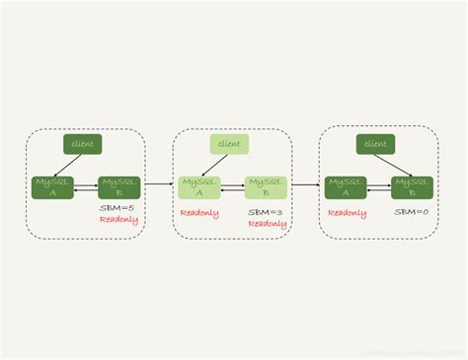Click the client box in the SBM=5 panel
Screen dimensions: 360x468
pyautogui.click(x=82, y=144)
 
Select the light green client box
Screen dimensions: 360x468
pyautogui.click(x=229, y=144)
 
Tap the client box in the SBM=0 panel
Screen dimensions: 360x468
pyautogui.click(x=375, y=144)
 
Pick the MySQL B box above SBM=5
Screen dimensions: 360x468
pyautogui.click(x=119, y=187)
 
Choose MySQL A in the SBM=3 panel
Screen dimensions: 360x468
pyautogui.click(x=198, y=187)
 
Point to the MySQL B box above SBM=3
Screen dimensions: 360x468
pyautogui.click(x=265, y=187)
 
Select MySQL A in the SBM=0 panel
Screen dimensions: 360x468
pyautogui.click(x=346, y=187)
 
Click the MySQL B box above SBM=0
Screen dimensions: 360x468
pyautogui.click(x=412, y=187)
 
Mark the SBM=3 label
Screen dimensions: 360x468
pyautogui.click(x=266, y=212)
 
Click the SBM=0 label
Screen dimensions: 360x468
pyautogui.click(x=411, y=212)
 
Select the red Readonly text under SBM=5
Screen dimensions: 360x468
pyautogui.click(x=118, y=220)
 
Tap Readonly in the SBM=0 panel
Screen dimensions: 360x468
pyautogui.click(x=347, y=212)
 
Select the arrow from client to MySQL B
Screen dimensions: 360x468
pyautogui.click(x=393, y=165)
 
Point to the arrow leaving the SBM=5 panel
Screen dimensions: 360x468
pyautogui.click(x=158, y=183)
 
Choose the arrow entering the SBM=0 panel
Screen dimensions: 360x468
pyautogui.click(x=306, y=183)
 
